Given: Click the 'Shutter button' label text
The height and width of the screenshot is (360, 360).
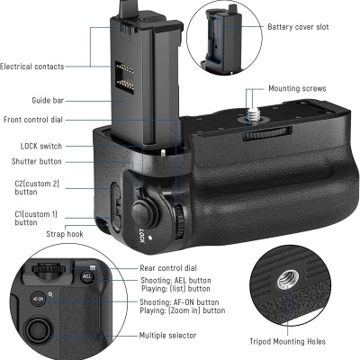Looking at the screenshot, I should tap(39, 161).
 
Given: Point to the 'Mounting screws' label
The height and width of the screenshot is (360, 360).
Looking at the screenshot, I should tap(297, 89).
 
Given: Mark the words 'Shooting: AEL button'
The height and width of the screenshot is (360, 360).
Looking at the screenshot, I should tap(179, 281).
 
